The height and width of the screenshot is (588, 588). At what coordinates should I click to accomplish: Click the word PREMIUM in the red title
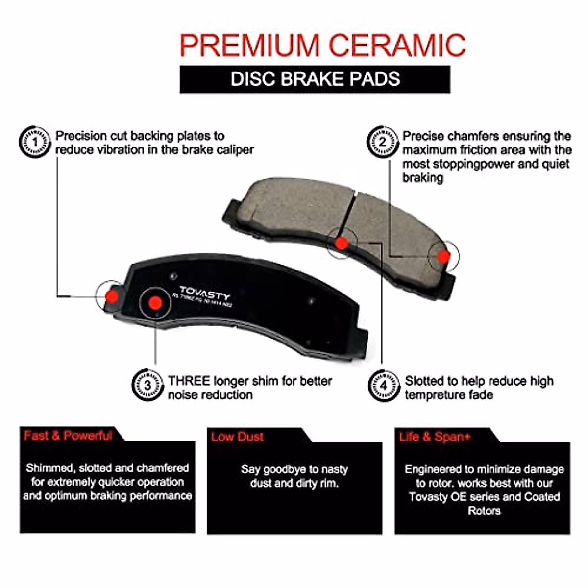pyautogui.click(x=250, y=46)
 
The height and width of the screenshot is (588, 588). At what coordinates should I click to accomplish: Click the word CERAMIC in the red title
pyautogui.click(x=396, y=46)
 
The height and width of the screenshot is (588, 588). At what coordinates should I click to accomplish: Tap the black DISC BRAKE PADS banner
pyautogui.click(x=315, y=79)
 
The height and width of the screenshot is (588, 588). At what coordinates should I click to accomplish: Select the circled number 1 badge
pyautogui.click(x=35, y=142)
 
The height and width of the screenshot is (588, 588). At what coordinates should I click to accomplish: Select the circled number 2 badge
pyautogui.click(x=383, y=142)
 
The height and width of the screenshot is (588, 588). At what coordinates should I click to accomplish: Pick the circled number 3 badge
pyautogui.click(x=147, y=385)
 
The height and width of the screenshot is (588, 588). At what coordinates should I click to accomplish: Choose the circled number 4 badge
pyautogui.click(x=384, y=385)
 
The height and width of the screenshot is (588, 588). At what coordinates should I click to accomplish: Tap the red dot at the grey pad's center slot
pyautogui.click(x=342, y=243)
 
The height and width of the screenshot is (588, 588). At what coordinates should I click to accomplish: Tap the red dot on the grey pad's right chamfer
pyautogui.click(x=443, y=256)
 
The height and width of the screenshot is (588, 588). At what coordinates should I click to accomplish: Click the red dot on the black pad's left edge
pyautogui.click(x=112, y=295)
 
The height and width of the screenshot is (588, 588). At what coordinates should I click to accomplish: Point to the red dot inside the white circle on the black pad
pyautogui.click(x=155, y=303)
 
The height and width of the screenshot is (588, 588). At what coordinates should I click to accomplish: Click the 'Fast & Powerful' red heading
pyautogui.click(x=68, y=435)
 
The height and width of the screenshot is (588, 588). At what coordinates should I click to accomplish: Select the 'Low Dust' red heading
pyautogui.click(x=237, y=437)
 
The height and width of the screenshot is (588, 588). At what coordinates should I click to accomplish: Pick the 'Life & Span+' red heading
pyautogui.click(x=435, y=437)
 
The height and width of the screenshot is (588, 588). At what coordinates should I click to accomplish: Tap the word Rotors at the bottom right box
pyautogui.click(x=484, y=511)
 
